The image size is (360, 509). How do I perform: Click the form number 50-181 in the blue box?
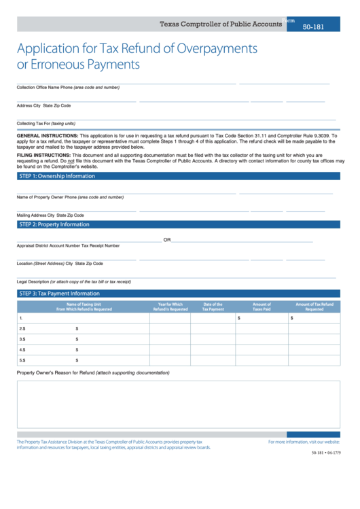click(313, 26)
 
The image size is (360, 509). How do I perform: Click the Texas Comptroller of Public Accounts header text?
click(221, 24)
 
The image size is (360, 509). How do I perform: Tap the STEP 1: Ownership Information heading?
click(56, 176)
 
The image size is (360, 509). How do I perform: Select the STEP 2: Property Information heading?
click(54, 224)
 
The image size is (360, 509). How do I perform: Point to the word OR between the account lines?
click(167, 240)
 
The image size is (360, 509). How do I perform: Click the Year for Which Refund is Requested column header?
click(170, 306)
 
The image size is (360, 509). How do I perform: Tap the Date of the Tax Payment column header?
click(213, 306)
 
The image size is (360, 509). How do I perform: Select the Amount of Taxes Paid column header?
click(262, 306)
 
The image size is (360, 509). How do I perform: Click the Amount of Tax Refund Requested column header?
click(314, 306)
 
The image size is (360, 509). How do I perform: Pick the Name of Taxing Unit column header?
click(84, 306)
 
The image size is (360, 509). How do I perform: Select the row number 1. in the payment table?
click(22, 317)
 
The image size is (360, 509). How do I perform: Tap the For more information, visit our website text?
click(304, 442)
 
